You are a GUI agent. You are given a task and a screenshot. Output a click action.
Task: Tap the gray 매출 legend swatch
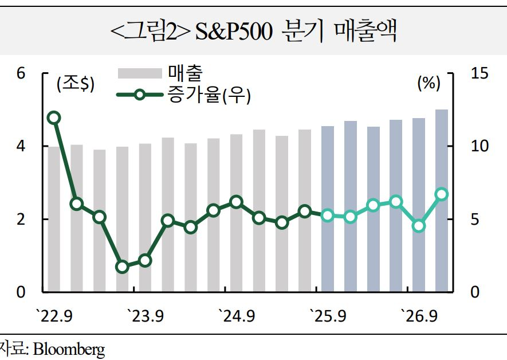[140, 73]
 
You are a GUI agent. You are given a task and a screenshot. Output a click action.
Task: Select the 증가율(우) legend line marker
[140, 95]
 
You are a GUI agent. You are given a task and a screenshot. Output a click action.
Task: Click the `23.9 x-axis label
[146, 316]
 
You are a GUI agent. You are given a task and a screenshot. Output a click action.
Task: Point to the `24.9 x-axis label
[237, 316]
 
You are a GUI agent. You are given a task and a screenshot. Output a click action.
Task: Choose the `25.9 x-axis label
[328, 316]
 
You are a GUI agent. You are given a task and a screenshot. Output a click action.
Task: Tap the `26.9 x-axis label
[419, 316]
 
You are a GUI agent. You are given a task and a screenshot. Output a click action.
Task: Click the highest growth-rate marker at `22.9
[54, 118]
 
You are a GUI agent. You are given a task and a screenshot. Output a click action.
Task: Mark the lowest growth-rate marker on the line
[122, 267]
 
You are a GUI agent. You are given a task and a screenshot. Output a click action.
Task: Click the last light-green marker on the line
[442, 194]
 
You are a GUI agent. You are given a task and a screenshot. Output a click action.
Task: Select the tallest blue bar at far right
[442, 201]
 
